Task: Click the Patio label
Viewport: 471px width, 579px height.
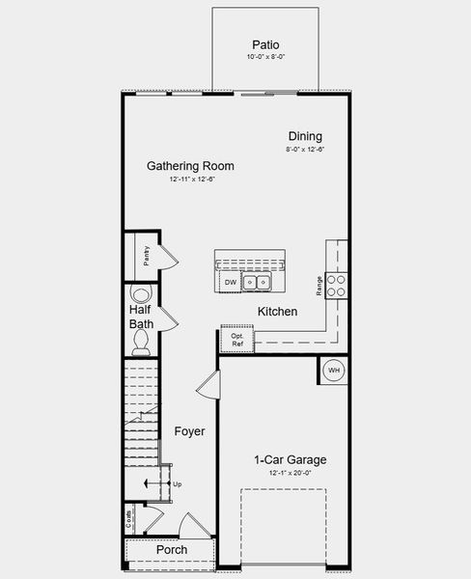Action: [x=265, y=44]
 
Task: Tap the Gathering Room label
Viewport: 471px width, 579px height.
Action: [x=190, y=166]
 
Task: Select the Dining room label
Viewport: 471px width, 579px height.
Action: [x=305, y=136]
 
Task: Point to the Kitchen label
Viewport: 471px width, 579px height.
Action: [x=277, y=312]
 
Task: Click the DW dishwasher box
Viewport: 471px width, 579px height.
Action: [x=231, y=282]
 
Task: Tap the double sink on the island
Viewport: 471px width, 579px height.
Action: [x=257, y=282]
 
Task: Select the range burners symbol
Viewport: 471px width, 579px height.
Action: [x=337, y=284]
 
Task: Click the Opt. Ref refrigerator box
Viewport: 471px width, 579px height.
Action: [x=237, y=340]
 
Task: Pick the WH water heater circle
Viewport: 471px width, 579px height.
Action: [x=334, y=370]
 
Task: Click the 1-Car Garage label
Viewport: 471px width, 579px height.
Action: [x=290, y=459]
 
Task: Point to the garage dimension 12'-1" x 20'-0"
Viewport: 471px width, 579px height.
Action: [x=290, y=474]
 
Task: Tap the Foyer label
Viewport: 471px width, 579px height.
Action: [x=189, y=431]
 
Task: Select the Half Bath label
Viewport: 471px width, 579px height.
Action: [x=141, y=317]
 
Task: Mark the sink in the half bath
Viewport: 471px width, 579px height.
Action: [x=141, y=294]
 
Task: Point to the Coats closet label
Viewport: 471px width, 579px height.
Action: [x=129, y=519]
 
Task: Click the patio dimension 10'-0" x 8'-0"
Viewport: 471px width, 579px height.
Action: [x=265, y=58]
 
